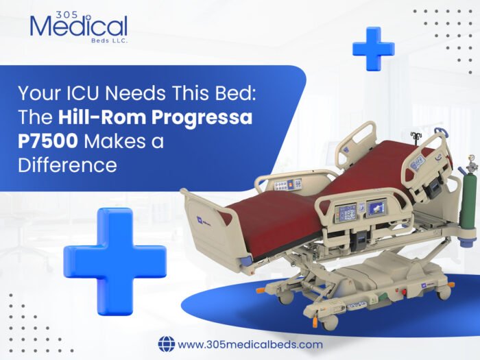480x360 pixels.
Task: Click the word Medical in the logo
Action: click(x=79, y=28)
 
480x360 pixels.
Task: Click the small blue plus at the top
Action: click(x=373, y=48)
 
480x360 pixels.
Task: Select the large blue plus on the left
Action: click(x=115, y=252)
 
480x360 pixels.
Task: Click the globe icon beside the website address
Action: click(x=167, y=344)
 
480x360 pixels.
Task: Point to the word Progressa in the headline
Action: click(x=206, y=117)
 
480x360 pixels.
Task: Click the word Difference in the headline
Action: click(x=76, y=165)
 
